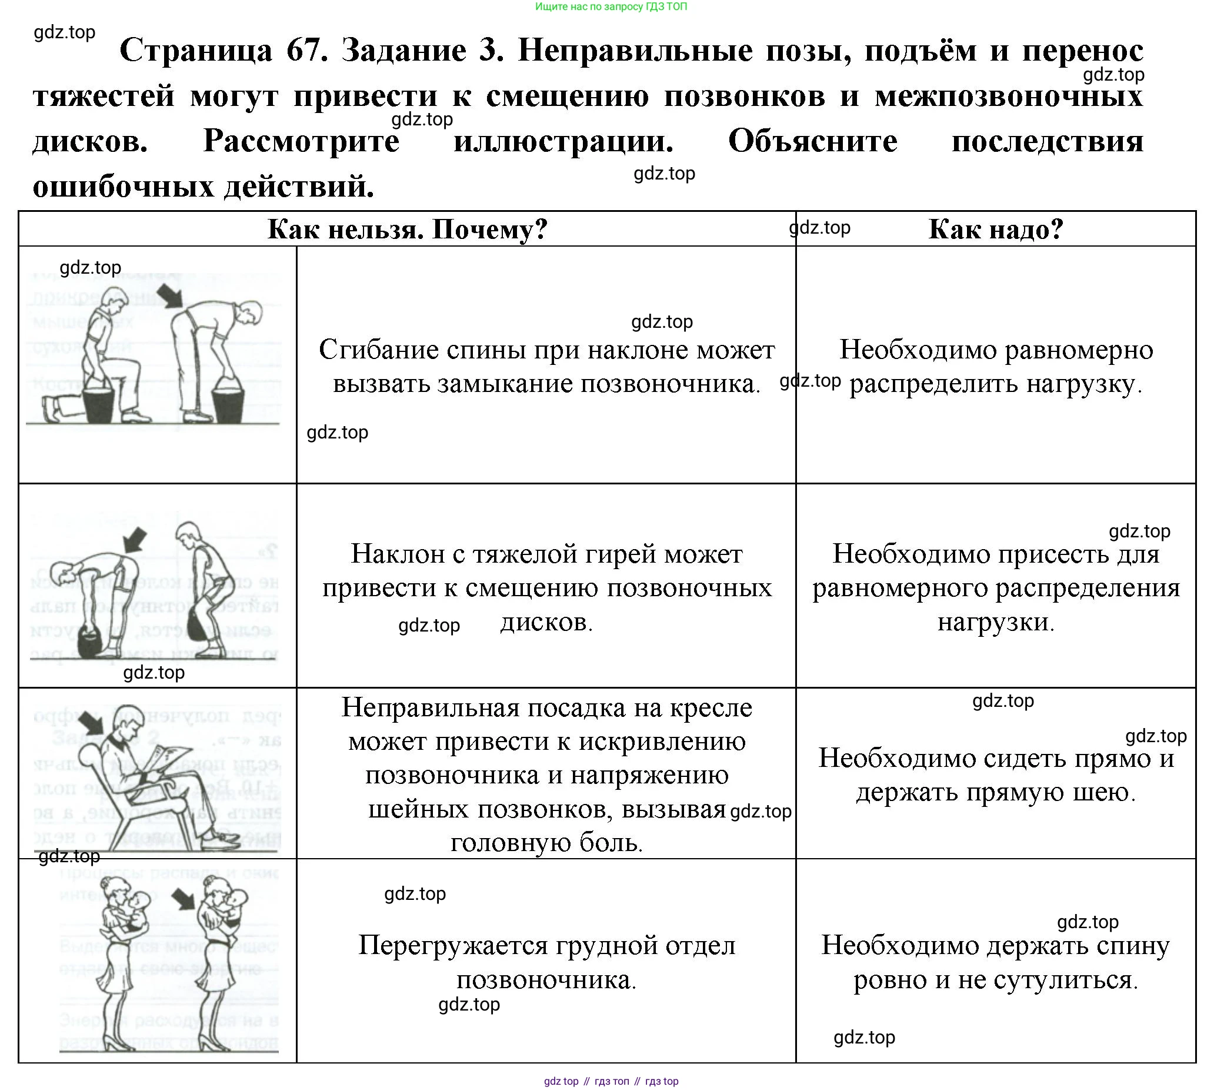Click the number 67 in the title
point(306,51)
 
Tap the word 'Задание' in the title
point(403,51)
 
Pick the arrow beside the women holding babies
point(184,899)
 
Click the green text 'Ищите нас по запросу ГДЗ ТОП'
point(611,6)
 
